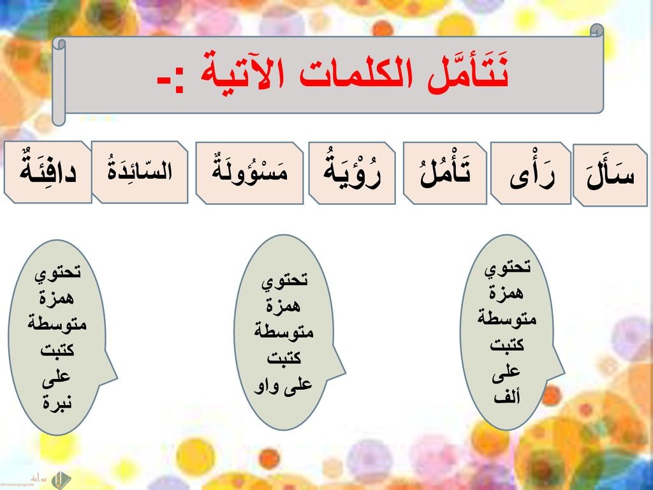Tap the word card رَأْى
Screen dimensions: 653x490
click(531, 174)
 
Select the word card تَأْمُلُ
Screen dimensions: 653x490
click(444, 173)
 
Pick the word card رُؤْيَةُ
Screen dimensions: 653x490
click(352, 173)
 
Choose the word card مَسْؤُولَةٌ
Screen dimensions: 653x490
click(249, 173)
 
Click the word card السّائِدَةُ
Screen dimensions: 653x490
click(140, 172)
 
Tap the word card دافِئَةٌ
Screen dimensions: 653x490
click(48, 172)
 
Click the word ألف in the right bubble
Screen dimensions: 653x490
click(507, 397)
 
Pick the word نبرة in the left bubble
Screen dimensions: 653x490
click(57, 402)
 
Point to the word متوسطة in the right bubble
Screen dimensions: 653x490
click(506, 319)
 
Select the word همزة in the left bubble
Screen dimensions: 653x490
click(57, 299)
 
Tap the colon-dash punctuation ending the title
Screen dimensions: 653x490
click(170, 82)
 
